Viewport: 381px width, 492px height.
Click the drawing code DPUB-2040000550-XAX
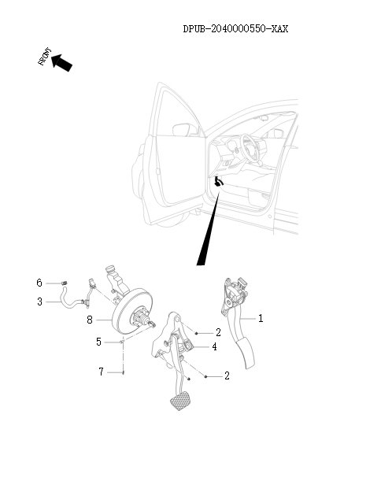(x=235, y=29)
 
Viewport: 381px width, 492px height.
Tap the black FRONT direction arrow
(x=62, y=62)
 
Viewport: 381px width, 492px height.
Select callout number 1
(x=261, y=319)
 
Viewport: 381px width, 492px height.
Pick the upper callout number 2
(x=218, y=333)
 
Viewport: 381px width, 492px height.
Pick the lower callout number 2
(x=227, y=376)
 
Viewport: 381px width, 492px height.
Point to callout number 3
(x=39, y=301)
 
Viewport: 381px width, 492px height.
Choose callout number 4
(x=214, y=346)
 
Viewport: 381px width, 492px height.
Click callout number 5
(x=99, y=342)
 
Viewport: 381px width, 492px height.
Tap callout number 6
(x=39, y=283)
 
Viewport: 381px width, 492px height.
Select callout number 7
(x=100, y=372)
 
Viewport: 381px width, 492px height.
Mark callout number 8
(x=90, y=320)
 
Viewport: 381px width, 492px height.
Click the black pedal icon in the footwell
(x=219, y=183)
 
